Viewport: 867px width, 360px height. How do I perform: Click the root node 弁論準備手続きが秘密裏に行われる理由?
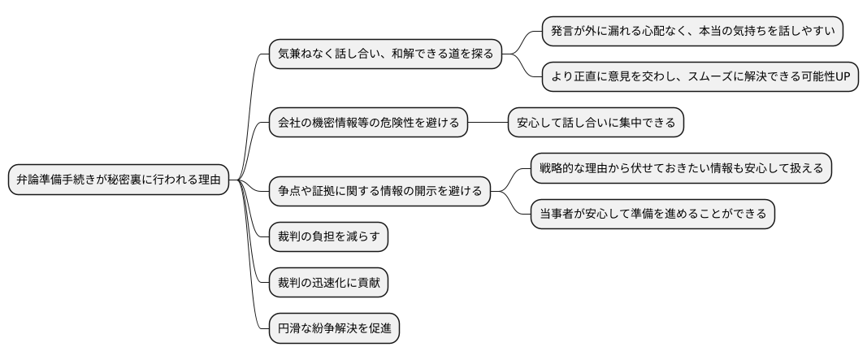(118, 180)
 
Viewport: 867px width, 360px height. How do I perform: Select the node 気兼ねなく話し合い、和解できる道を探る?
(386, 54)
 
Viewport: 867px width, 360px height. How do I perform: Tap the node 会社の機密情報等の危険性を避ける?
(368, 124)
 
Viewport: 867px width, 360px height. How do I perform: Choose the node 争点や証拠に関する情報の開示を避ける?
(379, 192)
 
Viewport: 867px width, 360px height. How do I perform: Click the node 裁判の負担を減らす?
(329, 237)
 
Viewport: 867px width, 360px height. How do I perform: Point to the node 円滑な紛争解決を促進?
(335, 328)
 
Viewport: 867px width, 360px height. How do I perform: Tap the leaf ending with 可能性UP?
(700, 77)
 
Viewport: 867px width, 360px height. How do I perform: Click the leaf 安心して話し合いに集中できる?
(596, 124)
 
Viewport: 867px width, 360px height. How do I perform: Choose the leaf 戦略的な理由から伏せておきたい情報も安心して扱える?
(680, 168)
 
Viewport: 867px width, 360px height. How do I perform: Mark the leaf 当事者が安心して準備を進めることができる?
(652, 215)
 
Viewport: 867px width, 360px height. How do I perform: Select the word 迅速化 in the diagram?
(326, 283)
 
